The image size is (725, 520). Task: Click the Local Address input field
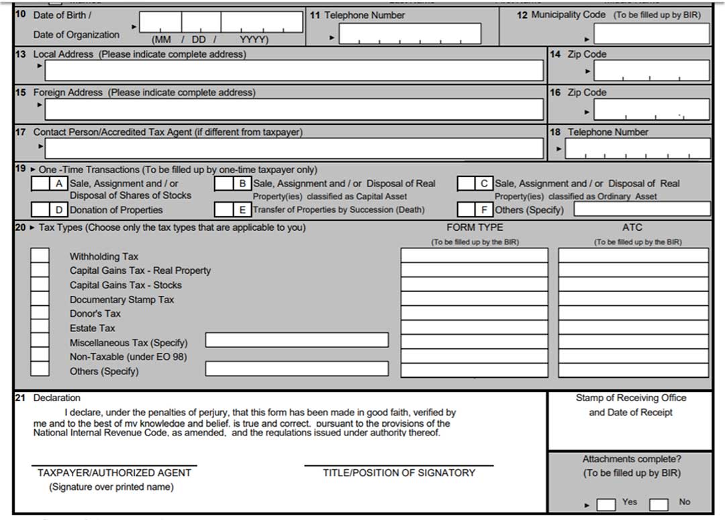pos(294,70)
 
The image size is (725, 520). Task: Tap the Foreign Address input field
pos(294,109)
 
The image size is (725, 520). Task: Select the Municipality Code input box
pos(650,34)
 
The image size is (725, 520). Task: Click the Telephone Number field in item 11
pos(409,34)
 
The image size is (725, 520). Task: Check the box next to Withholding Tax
pos(40,256)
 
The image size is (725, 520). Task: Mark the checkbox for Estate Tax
pos(40,327)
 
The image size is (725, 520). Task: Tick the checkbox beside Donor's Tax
pos(40,313)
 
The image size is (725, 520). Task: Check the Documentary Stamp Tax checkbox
pos(40,299)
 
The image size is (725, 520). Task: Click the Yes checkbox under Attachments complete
pos(606,504)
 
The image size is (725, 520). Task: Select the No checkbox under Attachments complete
pos(659,504)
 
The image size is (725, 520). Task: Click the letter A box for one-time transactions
pos(40,183)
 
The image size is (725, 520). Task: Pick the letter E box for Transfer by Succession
pos(224,209)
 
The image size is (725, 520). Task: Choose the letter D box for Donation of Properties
pos(40,209)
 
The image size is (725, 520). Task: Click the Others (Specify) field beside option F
pos(642,209)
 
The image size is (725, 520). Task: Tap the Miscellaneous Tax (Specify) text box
pos(297,340)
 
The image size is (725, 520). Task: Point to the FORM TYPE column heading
pos(475,227)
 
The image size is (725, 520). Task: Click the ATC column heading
pos(632,227)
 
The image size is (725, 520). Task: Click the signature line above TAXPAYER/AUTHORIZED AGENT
pos(114,464)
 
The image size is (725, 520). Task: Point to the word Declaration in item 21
pos(57,398)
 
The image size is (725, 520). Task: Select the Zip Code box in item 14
pos(651,70)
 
